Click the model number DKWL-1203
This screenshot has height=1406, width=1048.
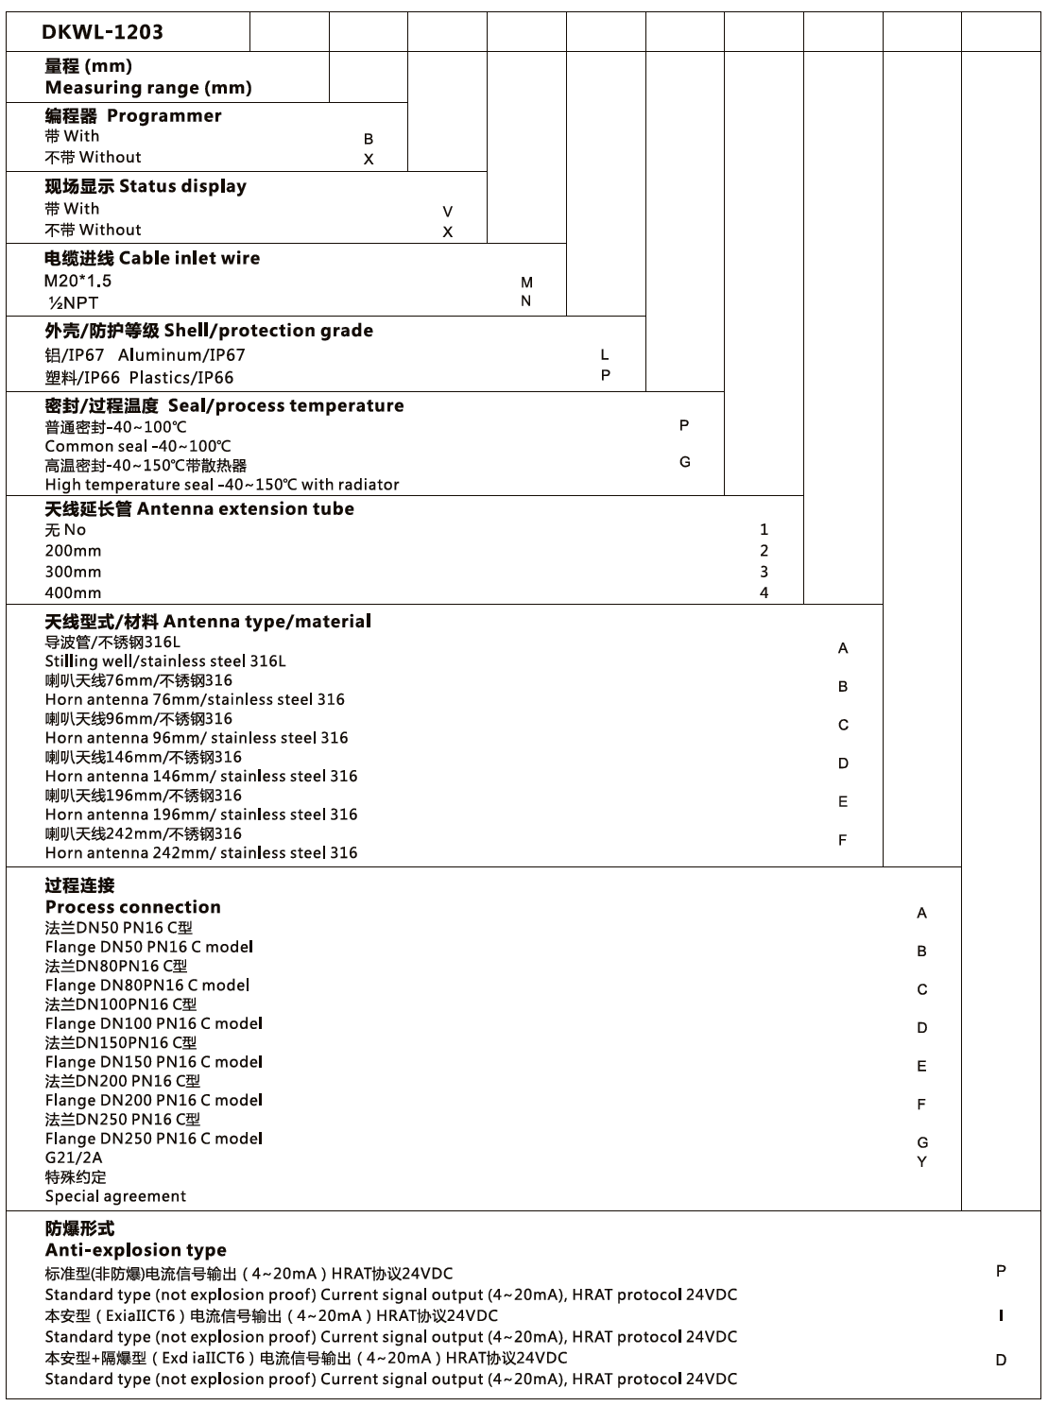pos(102,32)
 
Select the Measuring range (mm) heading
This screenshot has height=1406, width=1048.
pos(148,88)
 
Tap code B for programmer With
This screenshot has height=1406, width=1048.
pos(369,139)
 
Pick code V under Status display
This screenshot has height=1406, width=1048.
pos(448,212)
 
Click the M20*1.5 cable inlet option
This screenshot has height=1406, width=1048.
pos(77,281)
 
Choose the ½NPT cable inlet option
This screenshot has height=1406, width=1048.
pos(73,302)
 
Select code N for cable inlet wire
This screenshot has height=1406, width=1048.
pos(526,301)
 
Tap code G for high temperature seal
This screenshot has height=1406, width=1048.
pos(685,462)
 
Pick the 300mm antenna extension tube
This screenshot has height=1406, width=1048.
pos(73,572)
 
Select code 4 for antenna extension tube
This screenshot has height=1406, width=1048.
pos(764,593)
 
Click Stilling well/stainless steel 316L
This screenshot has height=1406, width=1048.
pos(164,661)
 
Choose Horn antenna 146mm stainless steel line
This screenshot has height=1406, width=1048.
pos(201,776)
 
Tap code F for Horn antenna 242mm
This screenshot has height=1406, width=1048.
pos(843,840)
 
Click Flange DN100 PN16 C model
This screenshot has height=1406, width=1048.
pos(154,1023)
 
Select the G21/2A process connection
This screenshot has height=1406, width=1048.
pos(74,1157)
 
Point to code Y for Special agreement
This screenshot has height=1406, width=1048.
pos(922,1161)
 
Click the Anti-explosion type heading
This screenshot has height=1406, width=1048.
pos(135,1250)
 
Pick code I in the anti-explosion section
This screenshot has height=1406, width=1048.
pos(1001,1315)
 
